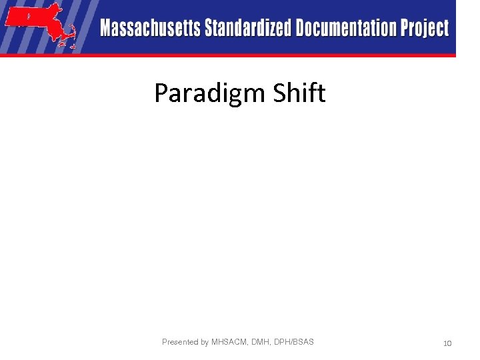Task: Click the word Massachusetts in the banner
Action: point(151,29)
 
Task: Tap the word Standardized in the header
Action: point(248,29)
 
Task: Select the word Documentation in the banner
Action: point(347,29)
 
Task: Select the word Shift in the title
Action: point(299,93)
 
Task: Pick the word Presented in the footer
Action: point(181,342)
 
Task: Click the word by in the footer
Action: point(205,342)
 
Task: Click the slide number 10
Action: point(447,343)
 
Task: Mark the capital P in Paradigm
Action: point(161,93)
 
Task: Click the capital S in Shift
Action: point(279,93)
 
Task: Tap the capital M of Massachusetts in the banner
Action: point(107,29)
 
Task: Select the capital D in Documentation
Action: point(302,29)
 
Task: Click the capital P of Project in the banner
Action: point(405,29)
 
